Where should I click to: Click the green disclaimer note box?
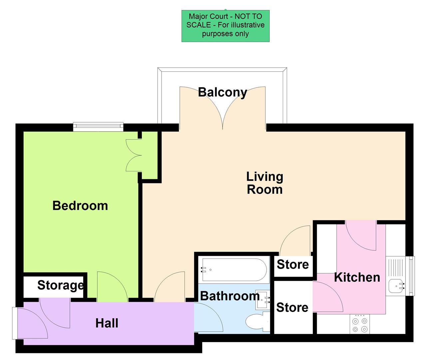[225, 26]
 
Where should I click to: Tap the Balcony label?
[222, 92]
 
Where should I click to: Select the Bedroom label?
[80, 206]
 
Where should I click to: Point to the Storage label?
[60, 285]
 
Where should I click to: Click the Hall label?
[107, 323]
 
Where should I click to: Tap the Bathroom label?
[229, 296]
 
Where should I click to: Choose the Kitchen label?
[357, 277]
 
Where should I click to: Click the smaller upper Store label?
[293, 264]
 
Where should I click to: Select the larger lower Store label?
[292, 307]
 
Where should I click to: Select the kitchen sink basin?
[396, 286]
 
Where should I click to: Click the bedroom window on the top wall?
[98, 126]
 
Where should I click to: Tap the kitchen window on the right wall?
[412, 276]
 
